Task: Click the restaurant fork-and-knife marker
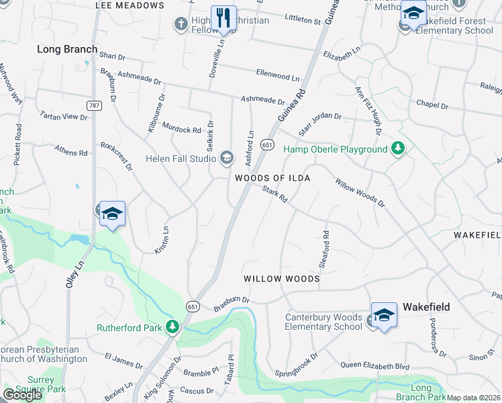(223, 17)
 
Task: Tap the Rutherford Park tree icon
(174, 327)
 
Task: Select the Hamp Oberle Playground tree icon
(398, 148)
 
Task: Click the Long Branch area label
(67, 49)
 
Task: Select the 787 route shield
(93, 105)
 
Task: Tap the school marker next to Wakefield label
(384, 314)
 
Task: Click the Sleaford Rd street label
(325, 250)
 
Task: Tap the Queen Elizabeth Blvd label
(374, 365)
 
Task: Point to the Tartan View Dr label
(63, 116)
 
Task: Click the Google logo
(22, 394)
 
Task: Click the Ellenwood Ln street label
(277, 73)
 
